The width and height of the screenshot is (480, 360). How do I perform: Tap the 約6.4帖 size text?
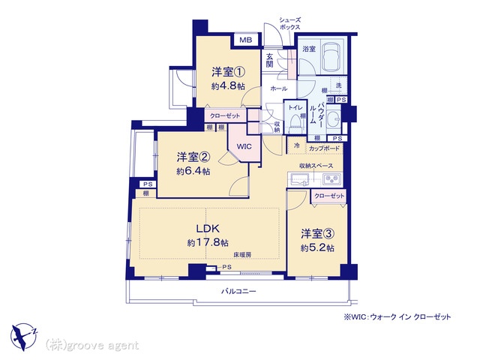click(x=193, y=171)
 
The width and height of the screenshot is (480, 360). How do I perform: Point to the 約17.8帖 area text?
click(x=208, y=242)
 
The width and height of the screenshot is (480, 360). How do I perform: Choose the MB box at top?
click(x=246, y=40)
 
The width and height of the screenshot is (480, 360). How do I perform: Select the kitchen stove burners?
click(x=331, y=178)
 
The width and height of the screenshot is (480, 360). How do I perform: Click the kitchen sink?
click(x=300, y=178)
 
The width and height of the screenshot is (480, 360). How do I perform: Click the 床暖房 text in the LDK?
click(x=241, y=256)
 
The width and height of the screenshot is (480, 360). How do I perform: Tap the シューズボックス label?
click(x=289, y=22)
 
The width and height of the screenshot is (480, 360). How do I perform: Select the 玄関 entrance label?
click(x=269, y=59)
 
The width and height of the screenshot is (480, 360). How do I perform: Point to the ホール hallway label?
click(x=278, y=88)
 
